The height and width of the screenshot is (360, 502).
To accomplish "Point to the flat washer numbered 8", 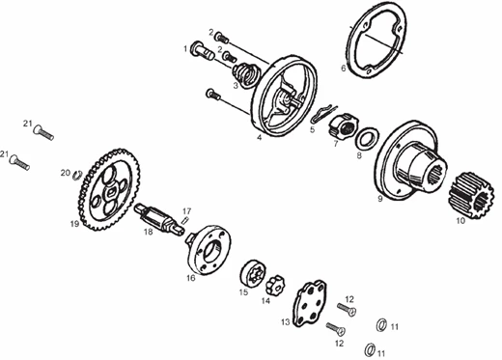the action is [x=367, y=139].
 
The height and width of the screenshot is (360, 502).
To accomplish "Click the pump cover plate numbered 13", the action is [x=310, y=303].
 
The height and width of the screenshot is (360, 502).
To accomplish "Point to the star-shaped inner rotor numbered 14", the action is [x=275, y=285].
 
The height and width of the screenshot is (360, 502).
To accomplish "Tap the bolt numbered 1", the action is [x=203, y=51].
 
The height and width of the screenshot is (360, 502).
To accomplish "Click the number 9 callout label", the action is [x=380, y=199].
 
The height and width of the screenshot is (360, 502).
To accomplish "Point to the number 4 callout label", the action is [x=259, y=138].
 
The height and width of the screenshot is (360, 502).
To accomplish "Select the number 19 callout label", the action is [x=74, y=223].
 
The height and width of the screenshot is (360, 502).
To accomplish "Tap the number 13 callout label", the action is [x=286, y=321].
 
